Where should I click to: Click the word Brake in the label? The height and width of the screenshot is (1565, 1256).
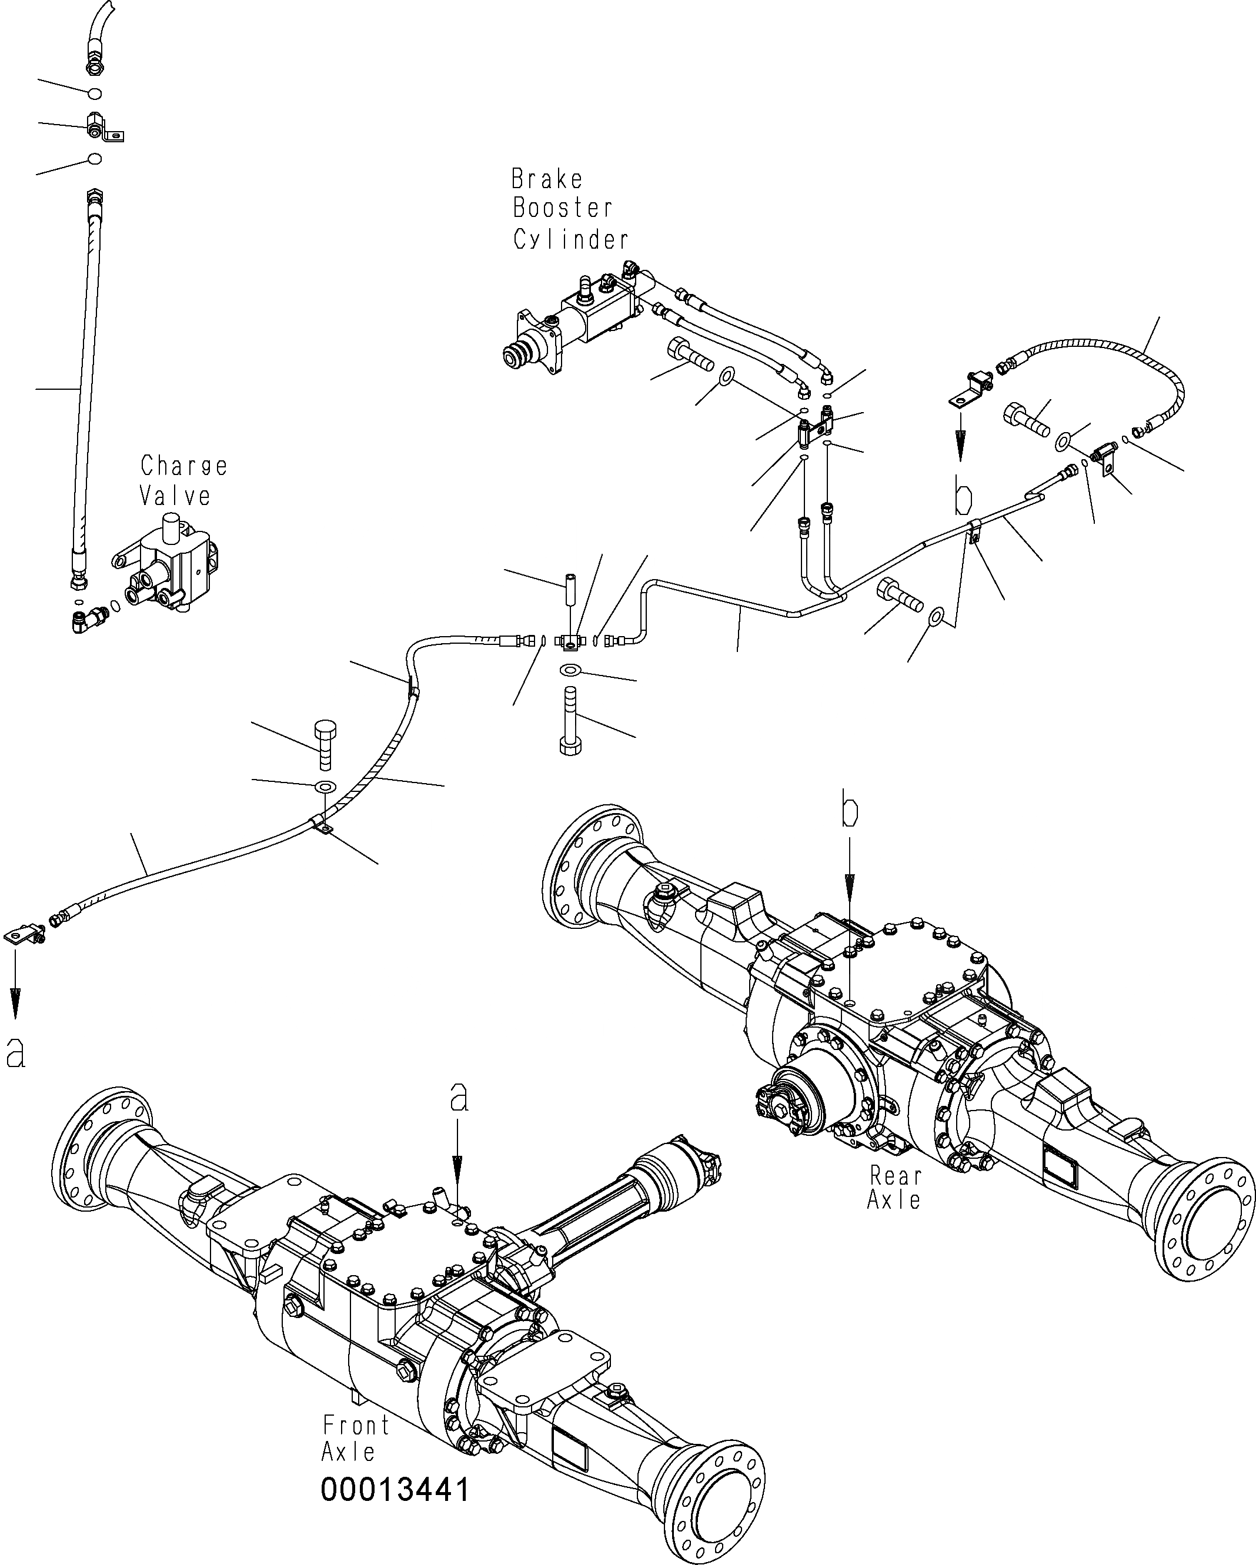pyautogui.click(x=547, y=179)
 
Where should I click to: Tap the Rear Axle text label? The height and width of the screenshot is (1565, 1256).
pyautogui.click(x=894, y=1188)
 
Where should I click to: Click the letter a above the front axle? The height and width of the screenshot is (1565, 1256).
pyautogui.click(x=459, y=1119)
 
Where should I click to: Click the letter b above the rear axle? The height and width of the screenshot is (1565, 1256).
pyautogui.click(x=850, y=814)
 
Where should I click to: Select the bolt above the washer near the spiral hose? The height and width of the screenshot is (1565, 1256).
pyautogui.click(x=325, y=745)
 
